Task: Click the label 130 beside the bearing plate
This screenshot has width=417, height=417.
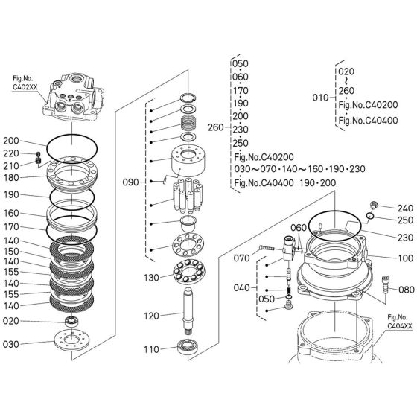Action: [x=151, y=278]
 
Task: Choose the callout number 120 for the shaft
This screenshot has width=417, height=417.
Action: [x=151, y=316]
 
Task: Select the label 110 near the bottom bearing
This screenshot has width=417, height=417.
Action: [x=151, y=349]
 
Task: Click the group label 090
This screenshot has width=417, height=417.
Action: [x=130, y=180]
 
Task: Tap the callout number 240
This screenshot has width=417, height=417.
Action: [x=404, y=208]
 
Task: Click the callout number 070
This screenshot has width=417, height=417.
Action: [x=242, y=260]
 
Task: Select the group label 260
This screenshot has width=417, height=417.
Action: [x=215, y=126]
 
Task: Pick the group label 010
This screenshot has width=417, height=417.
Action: [x=319, y=97]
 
